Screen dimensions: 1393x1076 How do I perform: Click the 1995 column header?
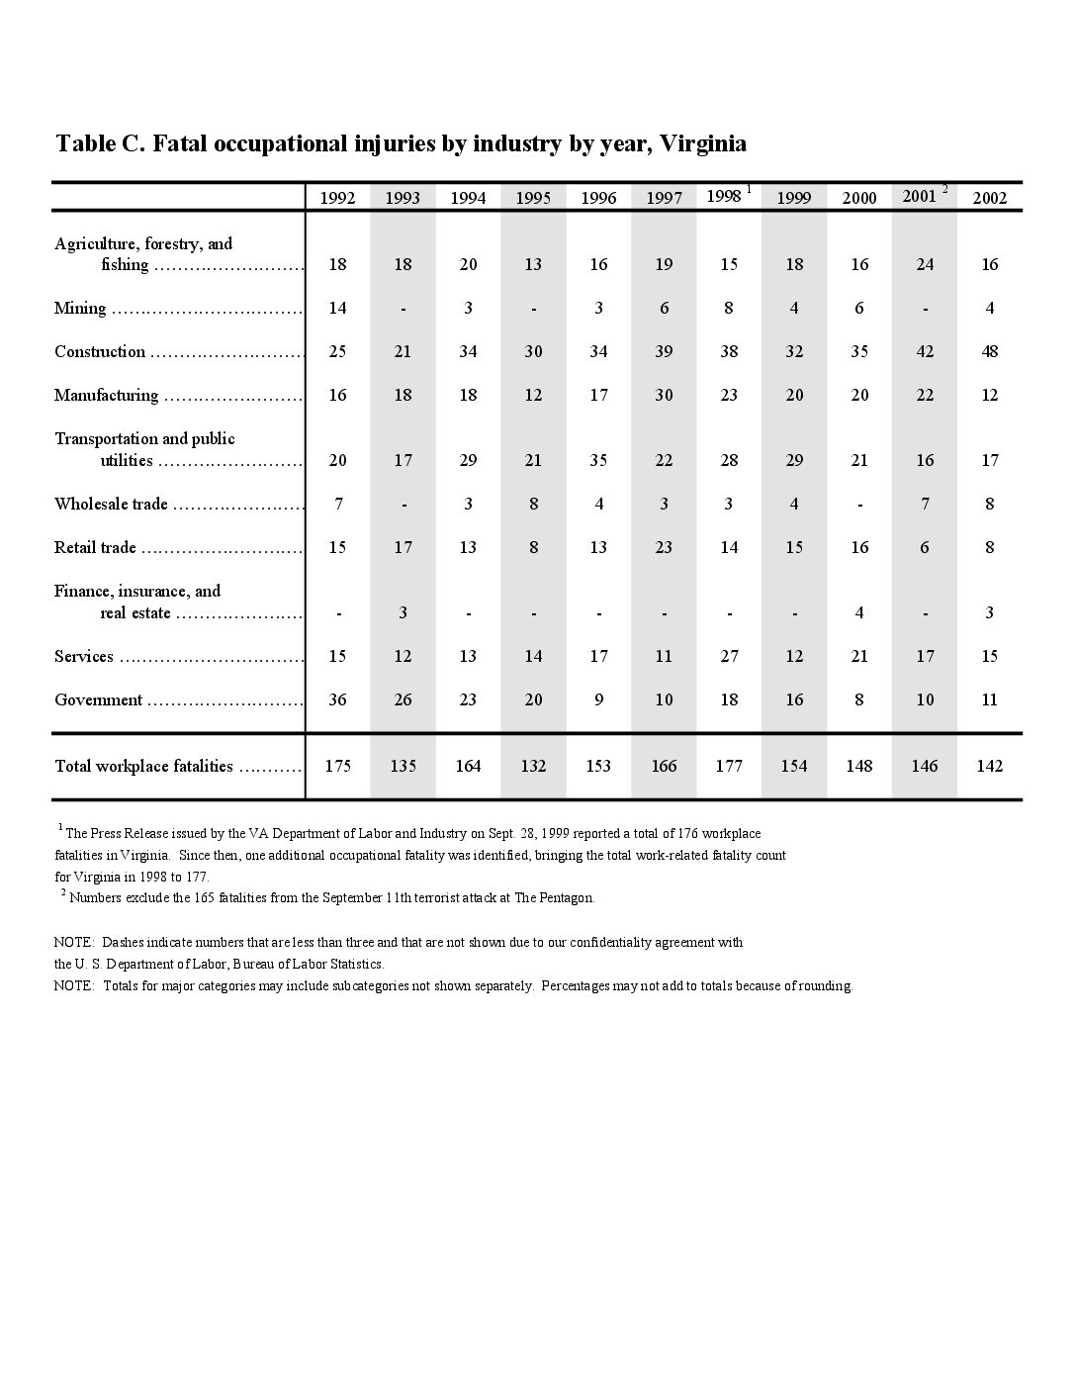tap(533, 198)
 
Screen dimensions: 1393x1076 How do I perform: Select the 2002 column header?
tap(990, 198)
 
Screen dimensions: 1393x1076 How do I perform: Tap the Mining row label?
tap(80, 309)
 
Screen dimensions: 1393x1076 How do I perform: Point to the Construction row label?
tap(100, 352)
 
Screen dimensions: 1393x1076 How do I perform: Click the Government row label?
tap(98, 700)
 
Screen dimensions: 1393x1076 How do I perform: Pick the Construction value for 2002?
tap(990, 352)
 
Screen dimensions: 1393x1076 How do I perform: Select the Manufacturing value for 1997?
tap(664, 396)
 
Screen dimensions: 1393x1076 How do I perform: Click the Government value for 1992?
tap(337, 700)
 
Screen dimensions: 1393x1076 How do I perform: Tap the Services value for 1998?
tap(729, 657)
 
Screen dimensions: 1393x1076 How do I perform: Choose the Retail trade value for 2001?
tap(925, 548)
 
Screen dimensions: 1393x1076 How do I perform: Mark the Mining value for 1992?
tap(337, 309)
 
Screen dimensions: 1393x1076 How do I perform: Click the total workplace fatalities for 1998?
tap(729, 766)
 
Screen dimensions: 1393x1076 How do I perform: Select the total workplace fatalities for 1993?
tap(403, 766)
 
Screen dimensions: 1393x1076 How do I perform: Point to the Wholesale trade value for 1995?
tap(533, 505)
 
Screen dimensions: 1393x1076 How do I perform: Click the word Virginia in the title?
tap(703, 143)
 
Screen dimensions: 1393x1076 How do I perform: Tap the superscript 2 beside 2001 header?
tap(945, 188)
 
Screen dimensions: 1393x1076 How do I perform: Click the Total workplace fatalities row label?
tap(143, 767)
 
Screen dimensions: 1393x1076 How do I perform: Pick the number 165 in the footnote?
tap(182, 898)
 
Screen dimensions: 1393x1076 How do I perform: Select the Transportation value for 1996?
tap(598, 461)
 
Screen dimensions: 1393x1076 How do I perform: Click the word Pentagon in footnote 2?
tap(567, 898)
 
